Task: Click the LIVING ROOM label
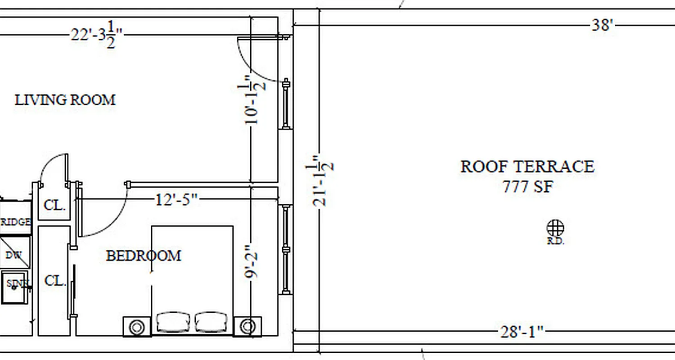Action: click(x=65, y=99)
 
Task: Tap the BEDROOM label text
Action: click(x=144, y=256)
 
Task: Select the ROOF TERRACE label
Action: click(x=527, y=166)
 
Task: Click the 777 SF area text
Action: click(x=527, y=186)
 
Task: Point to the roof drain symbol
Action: click(x=556, y=228)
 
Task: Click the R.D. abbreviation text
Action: click(x=556, y=241)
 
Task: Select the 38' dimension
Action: click(x=603, y=25)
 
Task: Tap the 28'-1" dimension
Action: click(x=522, y=333)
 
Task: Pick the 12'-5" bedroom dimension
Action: click(x=177, y=199)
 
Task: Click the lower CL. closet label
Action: click(x=55, y=281)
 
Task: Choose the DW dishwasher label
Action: click(x=13, y=255)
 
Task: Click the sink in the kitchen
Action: click(x=14, y=286)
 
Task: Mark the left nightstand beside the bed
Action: click(x=137, y=327)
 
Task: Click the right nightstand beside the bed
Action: click(x=247, y=327)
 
